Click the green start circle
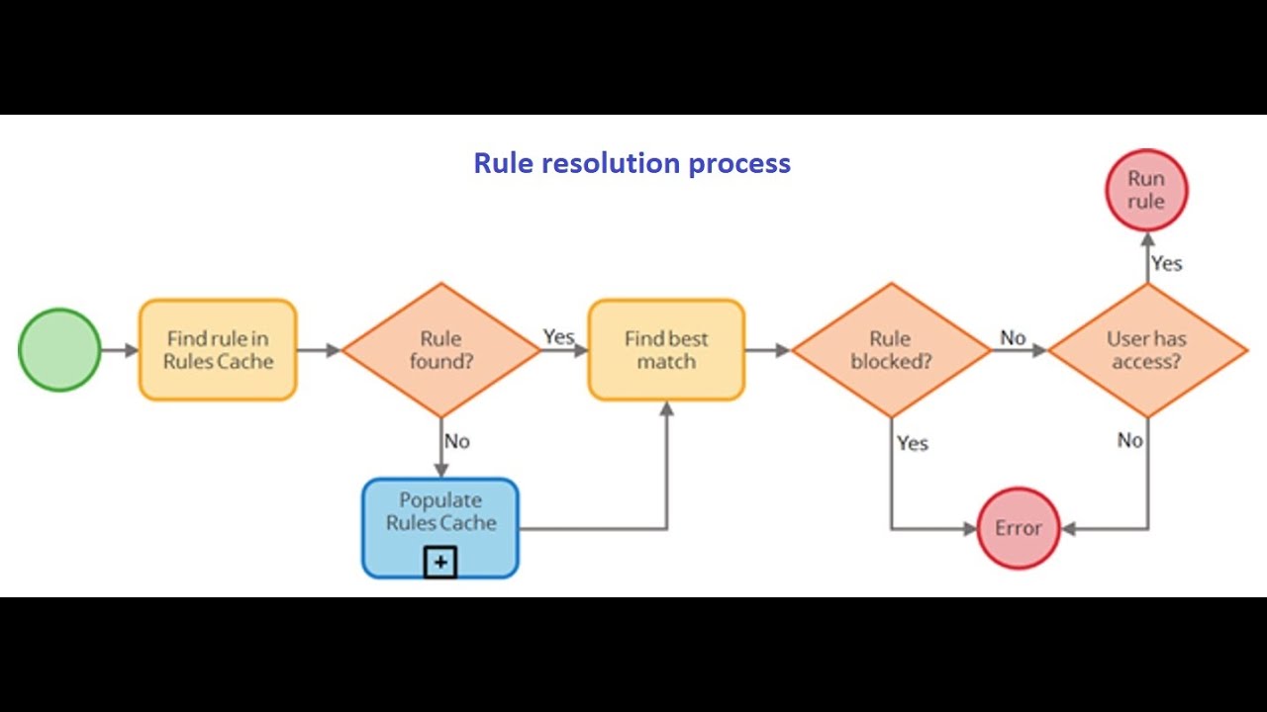click(59, 350)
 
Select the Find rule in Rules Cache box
click(218, 350)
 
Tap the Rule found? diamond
click(440, 350)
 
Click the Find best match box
click(666, 350)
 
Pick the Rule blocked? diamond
click(891, 350)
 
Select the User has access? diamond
click(1147, 350)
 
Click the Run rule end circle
click(1146, 190)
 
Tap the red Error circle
click(1019, 528)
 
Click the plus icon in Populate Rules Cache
click(440, 564)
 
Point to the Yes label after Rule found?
click(558, 337)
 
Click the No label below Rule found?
click(456, 441)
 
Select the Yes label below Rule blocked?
click(912, 443)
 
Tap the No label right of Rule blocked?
click(1013, 338)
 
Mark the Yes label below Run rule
click(1166, 264)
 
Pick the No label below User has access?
click(1129, 440)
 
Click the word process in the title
click(742, 163)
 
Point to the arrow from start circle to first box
click(120, 350)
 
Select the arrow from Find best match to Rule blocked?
click(767, 350)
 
